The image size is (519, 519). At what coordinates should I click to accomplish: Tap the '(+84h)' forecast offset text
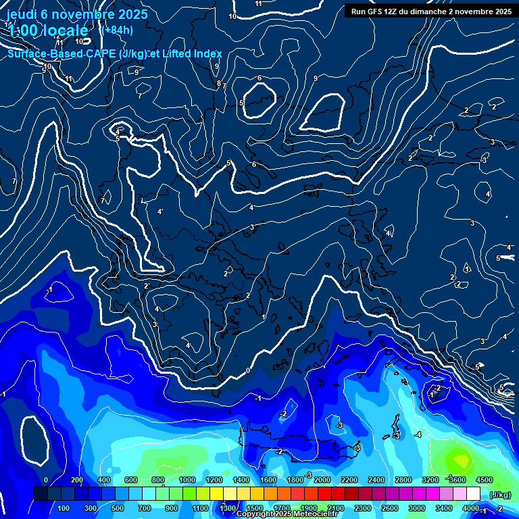tap(116, 29)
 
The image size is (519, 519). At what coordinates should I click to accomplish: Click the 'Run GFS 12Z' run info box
tap(430, 11)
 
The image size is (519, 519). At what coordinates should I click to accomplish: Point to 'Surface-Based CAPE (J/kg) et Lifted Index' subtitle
tap(114, 54)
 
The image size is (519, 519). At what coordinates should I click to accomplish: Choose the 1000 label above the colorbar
tap(187, 480)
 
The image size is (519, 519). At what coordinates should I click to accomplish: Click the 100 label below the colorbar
tap(64, 508)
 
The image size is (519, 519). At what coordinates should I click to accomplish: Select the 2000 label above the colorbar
tap(322, 480)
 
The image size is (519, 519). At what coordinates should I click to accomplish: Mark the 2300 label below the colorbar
tap(362, 508)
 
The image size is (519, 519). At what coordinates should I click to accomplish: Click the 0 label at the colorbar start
tap(46, 480)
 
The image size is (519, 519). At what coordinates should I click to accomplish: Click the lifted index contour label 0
tap(248, 370)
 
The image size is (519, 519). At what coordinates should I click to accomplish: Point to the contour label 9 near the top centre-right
tap(315, 79)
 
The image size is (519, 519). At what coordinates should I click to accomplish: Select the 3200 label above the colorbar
tap(430, 480)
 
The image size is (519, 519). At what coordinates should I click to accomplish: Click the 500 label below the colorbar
tap(118, 508)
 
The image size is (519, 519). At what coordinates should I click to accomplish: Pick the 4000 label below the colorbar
tap(470, 508)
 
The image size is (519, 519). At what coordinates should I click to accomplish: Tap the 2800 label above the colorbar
tap(403, 480)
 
